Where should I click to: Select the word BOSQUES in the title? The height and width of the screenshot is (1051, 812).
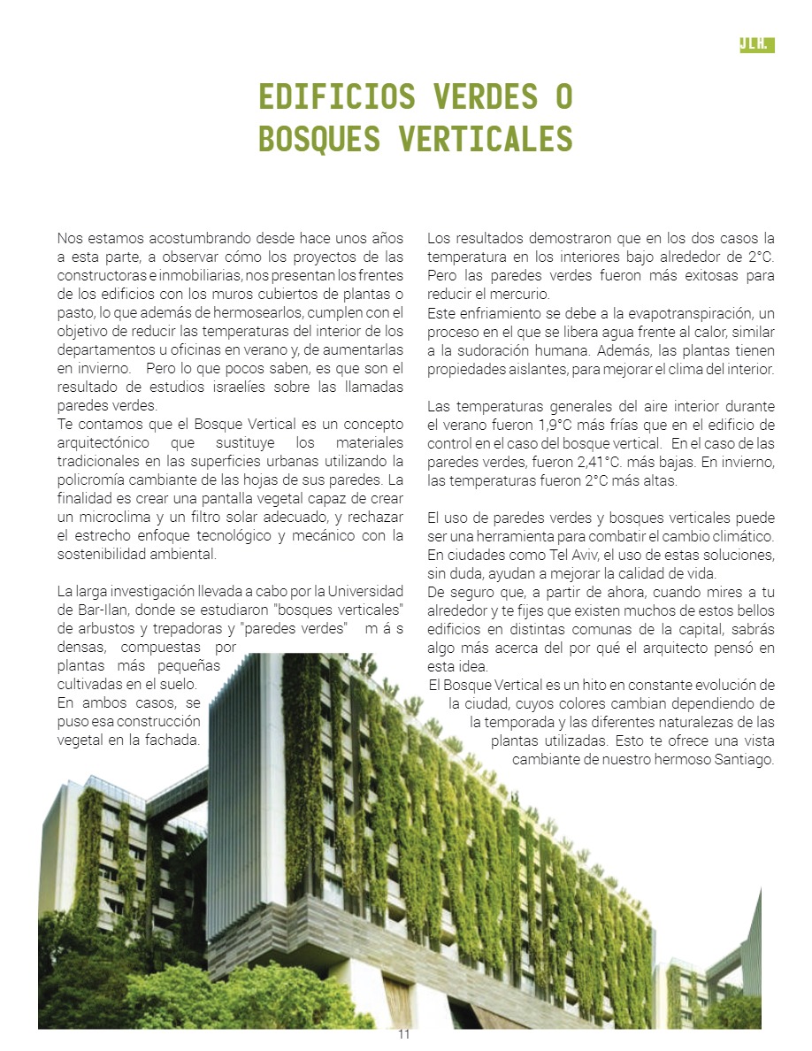click(x=319, y=139)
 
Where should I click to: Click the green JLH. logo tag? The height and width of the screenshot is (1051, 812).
click(x=756, y=45)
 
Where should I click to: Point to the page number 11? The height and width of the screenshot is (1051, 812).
click(x=404, y=1036)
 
